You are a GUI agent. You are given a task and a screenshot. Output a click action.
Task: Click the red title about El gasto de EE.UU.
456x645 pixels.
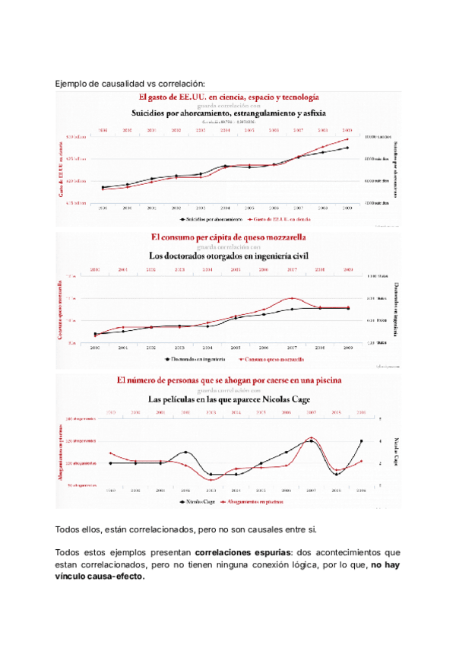pyautogui.click(x=228, y=97)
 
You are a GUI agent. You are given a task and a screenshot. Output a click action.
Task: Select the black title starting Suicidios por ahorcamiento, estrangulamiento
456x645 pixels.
pyautogui.click(x=228, y=113)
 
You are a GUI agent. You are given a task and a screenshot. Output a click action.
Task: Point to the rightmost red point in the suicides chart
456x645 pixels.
pyautogui.click(x=347, y=139)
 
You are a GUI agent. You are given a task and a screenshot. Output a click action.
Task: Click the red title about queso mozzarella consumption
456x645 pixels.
pyautogui.click(x=229, y=237)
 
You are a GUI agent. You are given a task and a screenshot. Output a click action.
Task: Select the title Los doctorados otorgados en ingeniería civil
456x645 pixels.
pyautogui.click(x=229, y=256)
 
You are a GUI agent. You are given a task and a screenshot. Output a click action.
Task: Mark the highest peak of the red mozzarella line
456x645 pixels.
pyautogui.click(x=293, y=298)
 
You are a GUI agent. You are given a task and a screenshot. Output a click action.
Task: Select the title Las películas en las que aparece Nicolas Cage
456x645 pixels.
pyautogui.click(x=228, y=398)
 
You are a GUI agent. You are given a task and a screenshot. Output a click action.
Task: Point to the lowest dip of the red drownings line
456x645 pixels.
pyautogui.click(x=211, y=480)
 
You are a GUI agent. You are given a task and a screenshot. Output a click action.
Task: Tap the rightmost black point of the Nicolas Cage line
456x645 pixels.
pyautogui.click(x=361, y=441)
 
